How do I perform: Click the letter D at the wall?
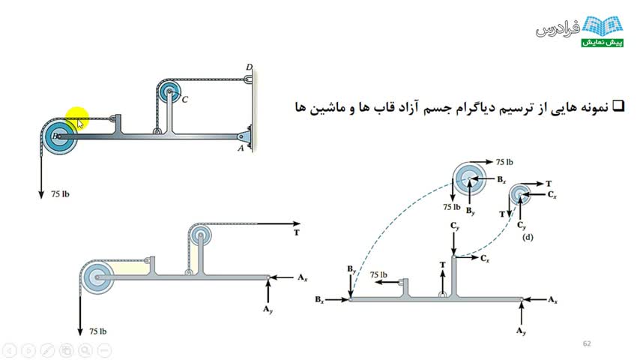249,67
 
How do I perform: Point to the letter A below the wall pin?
241,148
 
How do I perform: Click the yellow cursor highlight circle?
76,118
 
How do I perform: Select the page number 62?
587,343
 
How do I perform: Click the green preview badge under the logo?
600,43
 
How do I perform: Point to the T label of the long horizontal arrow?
297,232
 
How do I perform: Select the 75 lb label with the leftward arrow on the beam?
380,275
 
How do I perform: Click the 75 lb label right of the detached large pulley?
504,162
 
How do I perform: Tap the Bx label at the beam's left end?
320,300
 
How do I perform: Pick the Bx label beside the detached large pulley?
501,180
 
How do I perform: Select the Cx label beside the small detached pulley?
551,195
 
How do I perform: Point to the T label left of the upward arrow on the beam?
443,265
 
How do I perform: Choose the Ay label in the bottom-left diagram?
268,307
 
